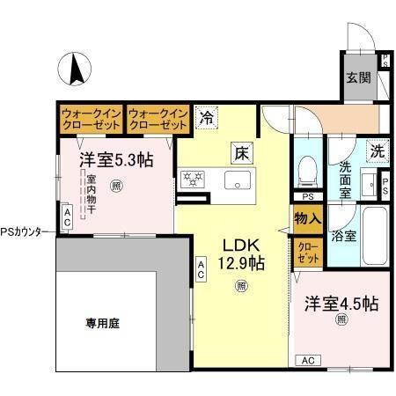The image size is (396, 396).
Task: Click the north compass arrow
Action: click(76, 69)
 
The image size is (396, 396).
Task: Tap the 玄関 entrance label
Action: click(358, 77)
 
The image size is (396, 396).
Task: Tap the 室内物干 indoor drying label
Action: click(91, 197)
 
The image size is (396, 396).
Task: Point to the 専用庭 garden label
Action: click(102, 323)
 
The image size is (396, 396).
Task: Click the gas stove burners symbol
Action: click(193, 180)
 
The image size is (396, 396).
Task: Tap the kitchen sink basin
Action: click(238, 181)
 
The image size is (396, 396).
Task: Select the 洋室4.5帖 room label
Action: click(341, 304)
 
